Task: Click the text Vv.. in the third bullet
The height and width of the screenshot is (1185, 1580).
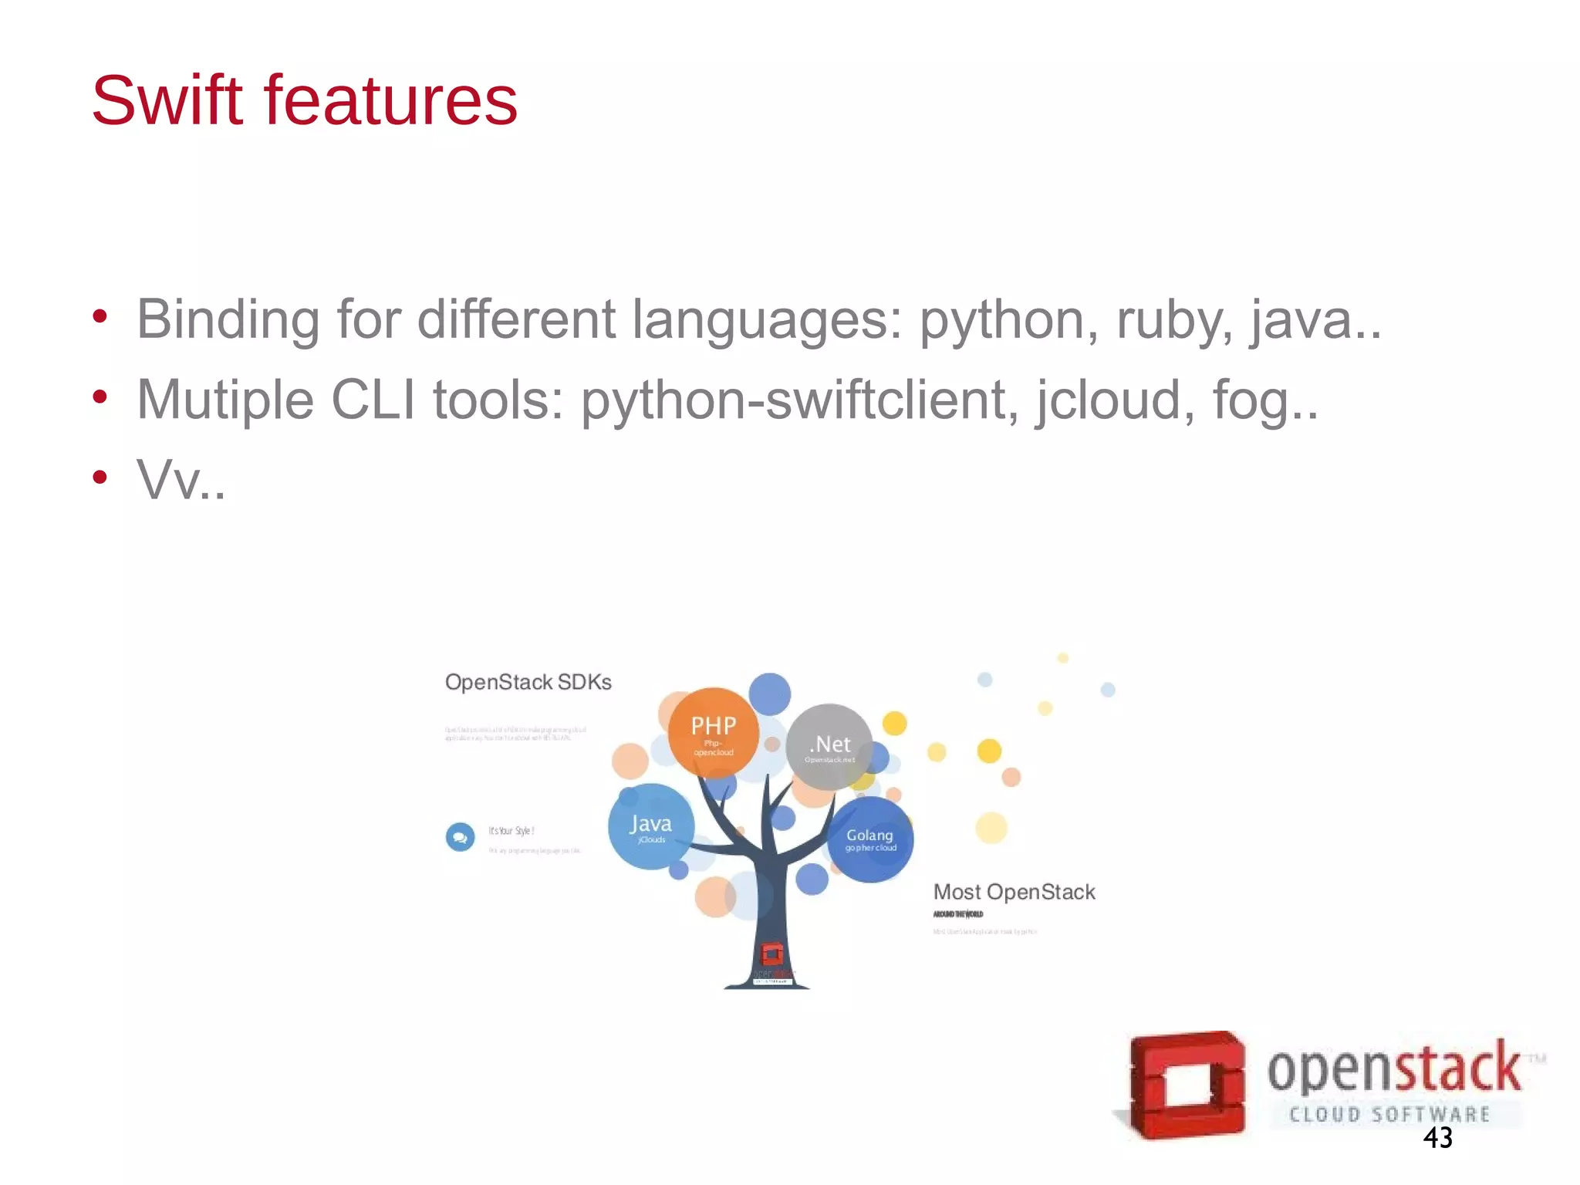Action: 181,480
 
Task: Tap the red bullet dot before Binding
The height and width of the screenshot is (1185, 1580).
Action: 100,316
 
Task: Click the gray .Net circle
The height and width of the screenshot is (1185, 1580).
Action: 829,747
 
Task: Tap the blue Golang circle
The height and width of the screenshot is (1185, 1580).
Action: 870,839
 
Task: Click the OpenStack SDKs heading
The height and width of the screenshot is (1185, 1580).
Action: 528,682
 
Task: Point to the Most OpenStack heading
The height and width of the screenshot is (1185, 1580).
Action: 1014,892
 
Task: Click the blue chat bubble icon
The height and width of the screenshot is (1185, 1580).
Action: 461,836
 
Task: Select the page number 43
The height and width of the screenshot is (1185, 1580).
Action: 1437,1138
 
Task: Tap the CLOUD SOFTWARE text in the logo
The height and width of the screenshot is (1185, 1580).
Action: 1389,1114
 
